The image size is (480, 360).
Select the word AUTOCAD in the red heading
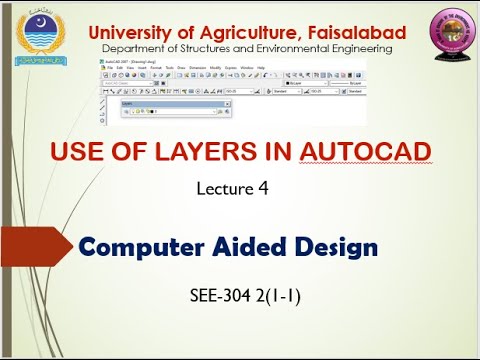click(365, 152)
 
